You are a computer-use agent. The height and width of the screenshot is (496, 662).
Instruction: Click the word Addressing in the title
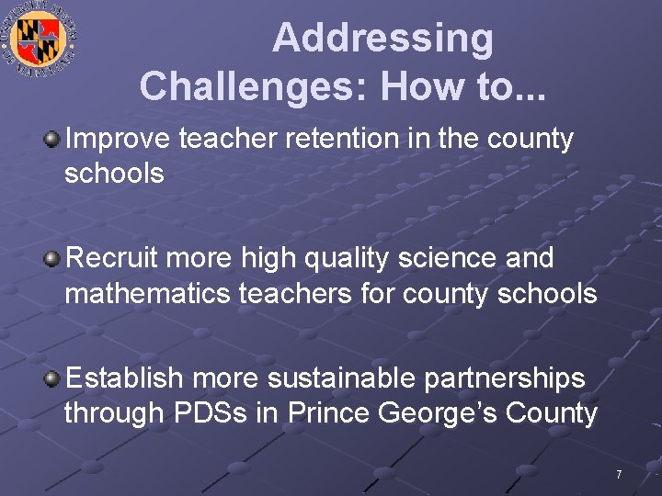[382, 39]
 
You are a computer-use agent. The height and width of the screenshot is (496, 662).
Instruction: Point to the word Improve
[118, 140]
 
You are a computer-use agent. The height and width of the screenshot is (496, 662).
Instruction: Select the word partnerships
[513, 378]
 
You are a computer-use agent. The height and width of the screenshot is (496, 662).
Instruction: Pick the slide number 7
[619, 475]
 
